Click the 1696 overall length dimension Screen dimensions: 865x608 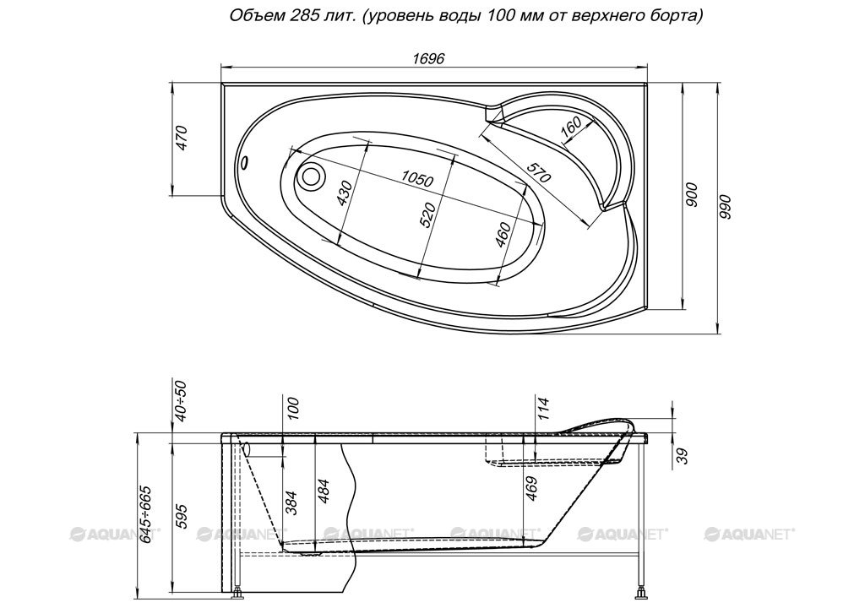pyautogui.click(x=428, y=58)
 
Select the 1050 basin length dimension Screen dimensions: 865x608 pyautogui.click(x=417, y=178)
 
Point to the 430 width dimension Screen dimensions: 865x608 pyautogui.click(x=345, y=193)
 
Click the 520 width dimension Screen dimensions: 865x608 pyautogui.click(x=427, y=214)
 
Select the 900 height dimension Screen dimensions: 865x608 pyautogui.click(x=693, y=194)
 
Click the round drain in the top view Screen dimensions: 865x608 pyautogui.click(x=311, y=176)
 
